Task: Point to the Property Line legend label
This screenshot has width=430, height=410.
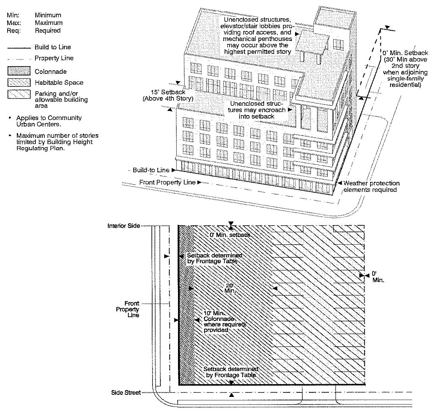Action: pyautogui.click(x=54, y=58)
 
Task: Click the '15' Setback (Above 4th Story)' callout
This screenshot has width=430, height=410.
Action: pyautogui.click(x=169, y=95)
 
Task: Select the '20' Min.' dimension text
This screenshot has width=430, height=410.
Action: pyautogui.click(x=230, y=288)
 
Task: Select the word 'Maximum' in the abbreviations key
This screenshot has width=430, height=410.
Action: pyautogui.click(x=49, y=23)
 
